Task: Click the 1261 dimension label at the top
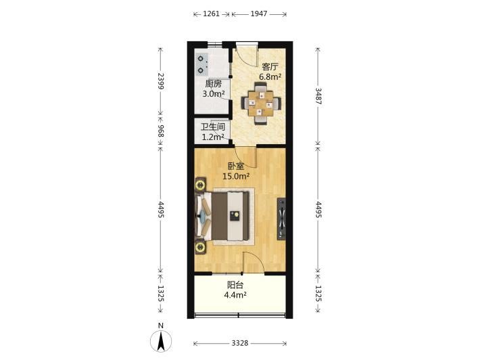click(211, 14)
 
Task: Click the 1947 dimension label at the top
click(259, 14)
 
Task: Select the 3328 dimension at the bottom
click(240, 343)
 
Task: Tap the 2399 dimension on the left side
click(161, 81)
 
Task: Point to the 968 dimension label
click(161, 131)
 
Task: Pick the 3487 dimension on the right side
click(318, 96)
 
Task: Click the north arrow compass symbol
click(161, 340)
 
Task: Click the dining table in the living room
click(261, 104)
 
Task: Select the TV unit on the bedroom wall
click(281, 219)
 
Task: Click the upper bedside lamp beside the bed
click(201, 185)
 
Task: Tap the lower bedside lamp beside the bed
click(201, 246)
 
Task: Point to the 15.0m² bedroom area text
click(236, 176)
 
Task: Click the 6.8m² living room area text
click(270, 76)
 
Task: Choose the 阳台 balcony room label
click(235, 285)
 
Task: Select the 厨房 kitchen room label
click(213, 84)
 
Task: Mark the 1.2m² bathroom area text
click(213, 137)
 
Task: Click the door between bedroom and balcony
click(254, 263)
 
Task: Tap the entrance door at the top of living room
click(247, 56)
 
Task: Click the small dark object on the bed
click(235, 216)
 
